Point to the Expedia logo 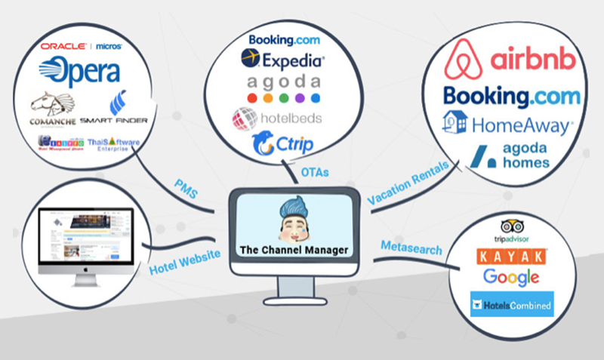click(282, 58)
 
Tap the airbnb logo click(510, 60)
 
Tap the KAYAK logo click(513, 257)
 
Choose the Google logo click(511, 276)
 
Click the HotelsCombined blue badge click(511, 305)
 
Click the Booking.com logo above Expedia click(283, 40)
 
